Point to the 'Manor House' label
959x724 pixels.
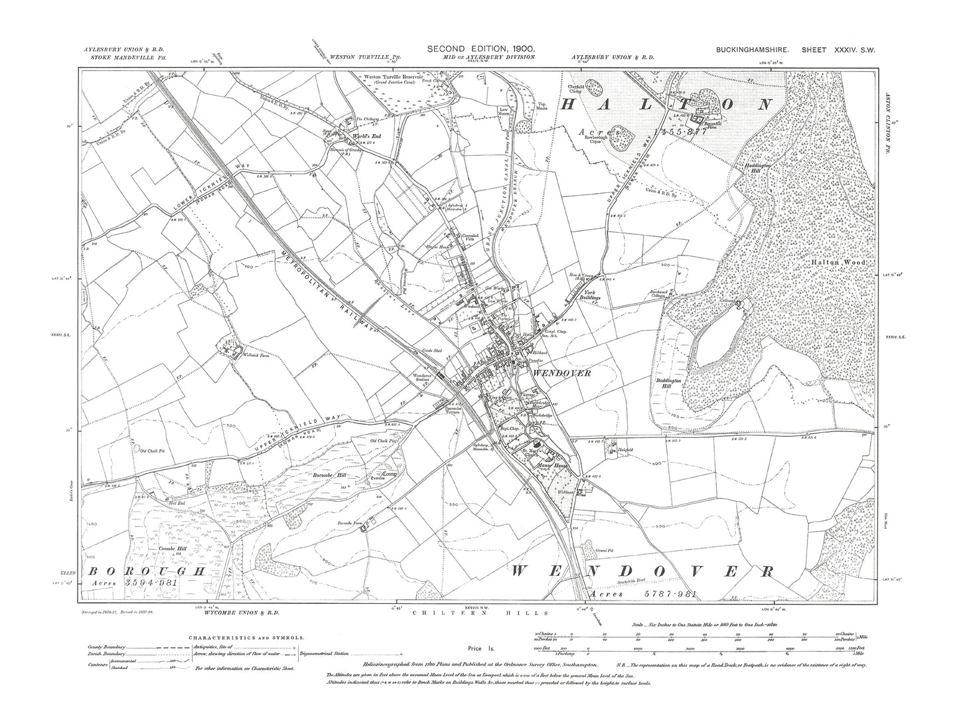550,466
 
